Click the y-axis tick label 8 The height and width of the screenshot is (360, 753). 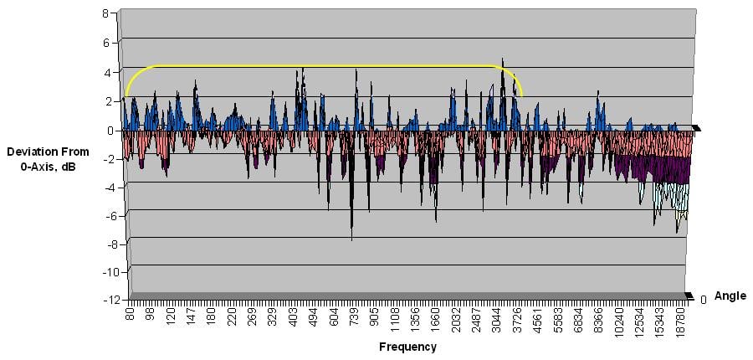pos(105,13)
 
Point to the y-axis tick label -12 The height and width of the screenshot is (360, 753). pos(102,300)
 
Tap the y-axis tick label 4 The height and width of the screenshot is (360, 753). pos(105,72)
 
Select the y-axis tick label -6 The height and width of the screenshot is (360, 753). pos(104,215)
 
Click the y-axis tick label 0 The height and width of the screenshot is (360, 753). pos(105,130)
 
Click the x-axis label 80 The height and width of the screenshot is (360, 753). pos(130,316)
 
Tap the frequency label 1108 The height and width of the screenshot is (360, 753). pos(394,321)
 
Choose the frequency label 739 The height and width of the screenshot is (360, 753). pos(354,319)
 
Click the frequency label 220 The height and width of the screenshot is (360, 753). pos(232,319)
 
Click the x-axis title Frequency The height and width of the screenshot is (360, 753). pos(407,347)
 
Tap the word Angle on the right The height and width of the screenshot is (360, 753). pos(730,296)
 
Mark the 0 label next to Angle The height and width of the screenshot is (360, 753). pos(703,300)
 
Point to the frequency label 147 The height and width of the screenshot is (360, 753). pos(191,319)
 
